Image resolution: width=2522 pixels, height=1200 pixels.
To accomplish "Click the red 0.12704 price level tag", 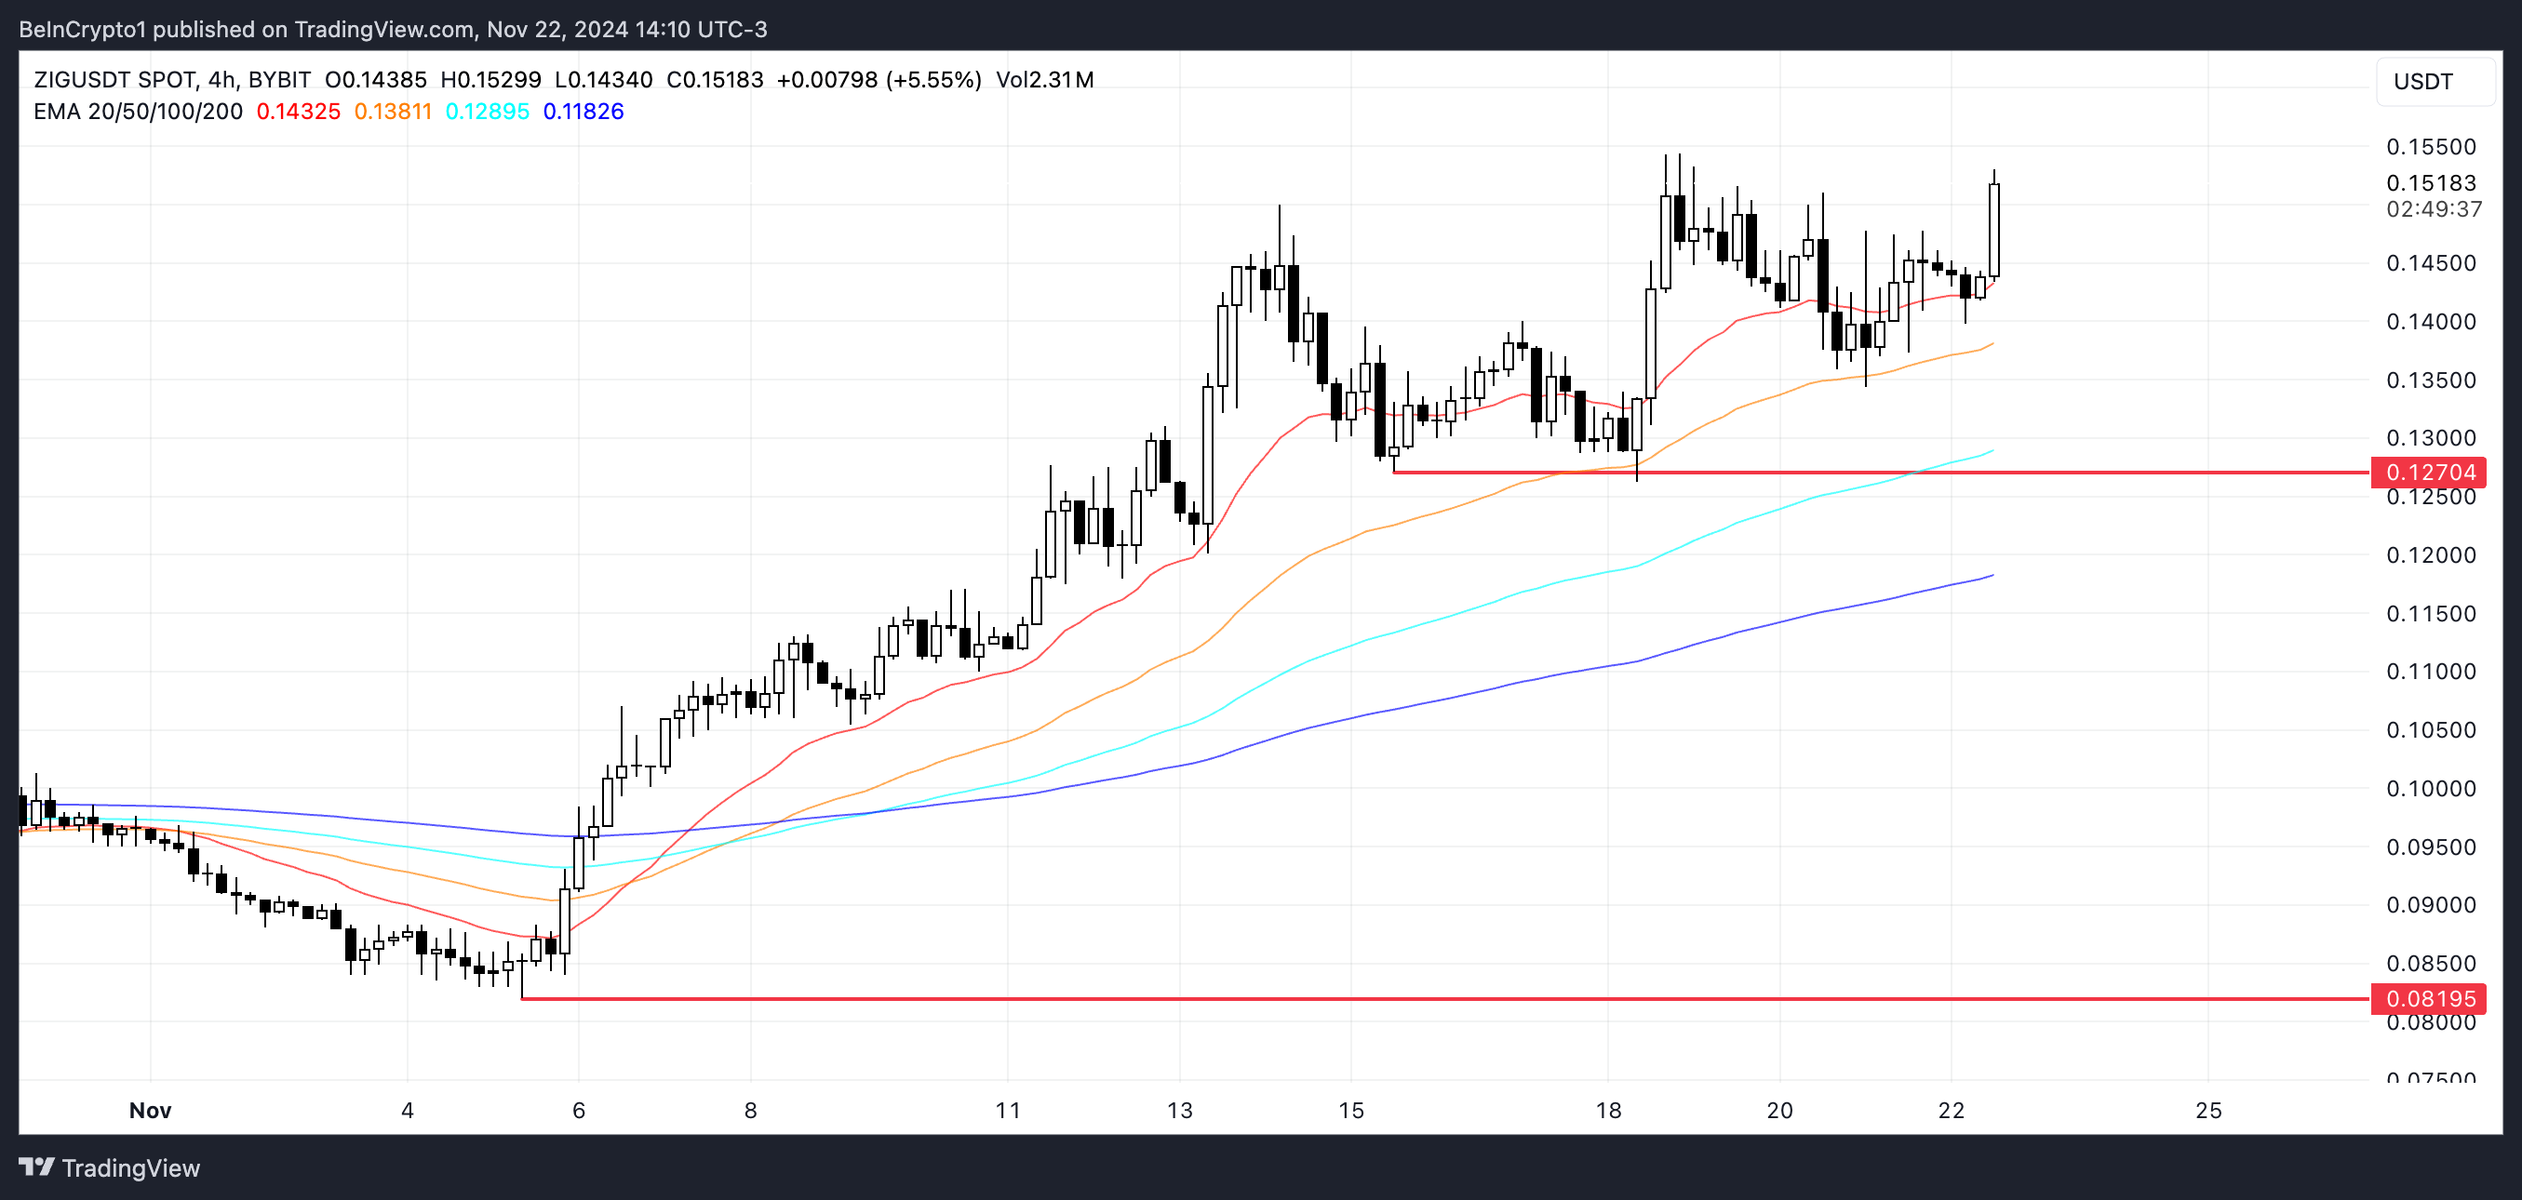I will click(x=2430, y=473).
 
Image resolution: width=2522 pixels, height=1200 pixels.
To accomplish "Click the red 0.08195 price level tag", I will click(x=2430, y=998).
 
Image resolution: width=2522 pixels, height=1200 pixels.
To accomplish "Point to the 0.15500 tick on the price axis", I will click(x=2430, y=147).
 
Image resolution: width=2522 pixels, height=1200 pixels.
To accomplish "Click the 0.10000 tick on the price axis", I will click(x=2430, y=788).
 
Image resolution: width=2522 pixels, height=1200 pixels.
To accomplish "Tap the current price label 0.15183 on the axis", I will click(x=2430, y=183).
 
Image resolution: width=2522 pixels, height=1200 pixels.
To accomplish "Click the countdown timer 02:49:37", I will click(x=2433, y=208).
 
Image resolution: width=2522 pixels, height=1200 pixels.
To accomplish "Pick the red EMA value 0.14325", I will click(x=298, y=112).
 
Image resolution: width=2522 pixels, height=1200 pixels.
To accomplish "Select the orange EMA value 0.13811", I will click(x=393, y=112).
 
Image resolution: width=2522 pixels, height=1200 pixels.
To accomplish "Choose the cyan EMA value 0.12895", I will click(x=487, y=112).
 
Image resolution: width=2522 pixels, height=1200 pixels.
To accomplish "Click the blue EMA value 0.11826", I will click(x=583, y=112).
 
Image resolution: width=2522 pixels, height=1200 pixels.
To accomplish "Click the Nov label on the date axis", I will click(x=150, y=1110).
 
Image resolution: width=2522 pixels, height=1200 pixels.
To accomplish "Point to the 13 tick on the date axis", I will click(x=1180, y=1110).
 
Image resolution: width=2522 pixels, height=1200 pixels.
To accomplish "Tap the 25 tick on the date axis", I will click(x=2207, y=1110).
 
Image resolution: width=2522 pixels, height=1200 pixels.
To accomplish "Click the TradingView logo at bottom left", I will click(x=110, y=1167).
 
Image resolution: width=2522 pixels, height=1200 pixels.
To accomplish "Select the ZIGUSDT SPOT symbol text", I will click(x=114, y=80).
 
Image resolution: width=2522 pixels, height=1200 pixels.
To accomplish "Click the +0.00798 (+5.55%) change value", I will click(x=879, y=80).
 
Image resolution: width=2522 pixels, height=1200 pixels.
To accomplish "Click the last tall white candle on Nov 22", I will click(x=1993, y=230).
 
